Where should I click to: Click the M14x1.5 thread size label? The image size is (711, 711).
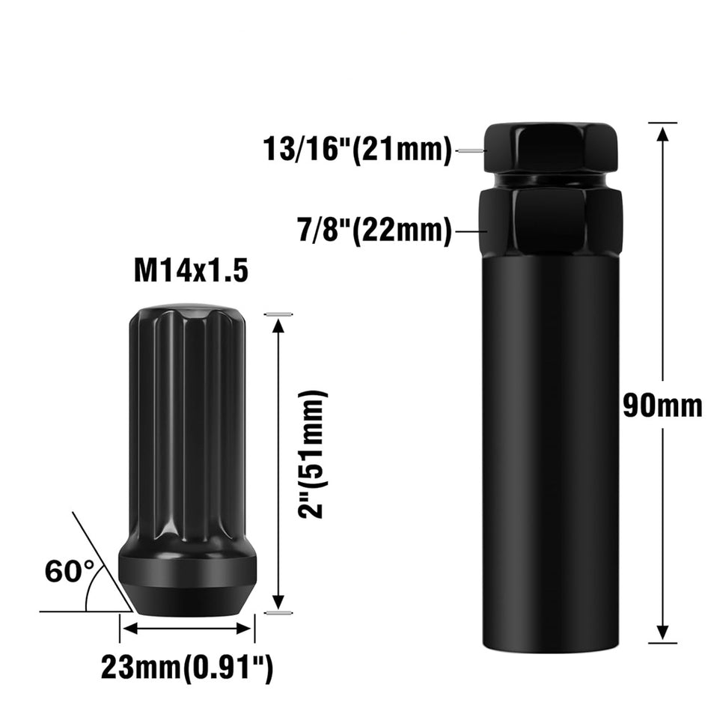point(190,271)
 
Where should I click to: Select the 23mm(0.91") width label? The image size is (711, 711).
point(187,668)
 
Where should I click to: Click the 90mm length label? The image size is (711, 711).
point(662,406)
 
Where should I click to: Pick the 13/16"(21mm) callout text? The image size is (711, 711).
point(358,150)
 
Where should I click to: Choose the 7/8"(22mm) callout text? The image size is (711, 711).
point(374,231)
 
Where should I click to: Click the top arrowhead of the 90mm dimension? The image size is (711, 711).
point(662,133)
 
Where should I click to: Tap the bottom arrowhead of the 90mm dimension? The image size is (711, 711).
point(662,632)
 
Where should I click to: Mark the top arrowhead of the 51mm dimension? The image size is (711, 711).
point(278,324)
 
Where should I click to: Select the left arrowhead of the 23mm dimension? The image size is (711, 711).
point(127,628)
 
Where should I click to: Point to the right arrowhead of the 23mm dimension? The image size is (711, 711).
point(248,628)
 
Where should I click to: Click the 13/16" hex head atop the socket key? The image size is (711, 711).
point(550,147)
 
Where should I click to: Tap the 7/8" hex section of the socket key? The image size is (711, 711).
point(550,221)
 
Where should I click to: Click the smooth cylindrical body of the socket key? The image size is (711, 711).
point(550,449)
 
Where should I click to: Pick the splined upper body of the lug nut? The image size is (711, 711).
point(187,419)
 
